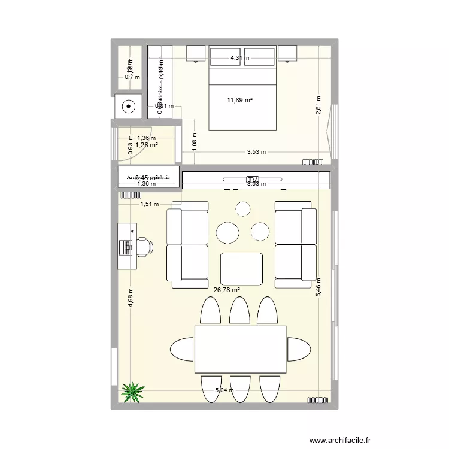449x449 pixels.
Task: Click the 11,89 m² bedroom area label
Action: point(239,100)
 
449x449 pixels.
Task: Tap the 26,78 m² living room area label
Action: point(226,290)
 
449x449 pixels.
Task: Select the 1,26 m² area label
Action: point(146,144)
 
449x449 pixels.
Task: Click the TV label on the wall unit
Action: point(252,180)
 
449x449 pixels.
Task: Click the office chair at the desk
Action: point(144,246)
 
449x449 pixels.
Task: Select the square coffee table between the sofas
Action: point(241,269)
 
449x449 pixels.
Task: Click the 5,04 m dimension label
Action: point(225,390)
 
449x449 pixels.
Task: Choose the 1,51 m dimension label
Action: point(150,204)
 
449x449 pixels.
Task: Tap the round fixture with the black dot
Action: point(129,107)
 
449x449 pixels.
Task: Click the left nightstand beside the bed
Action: point(196,54)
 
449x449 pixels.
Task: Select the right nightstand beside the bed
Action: point(289,54)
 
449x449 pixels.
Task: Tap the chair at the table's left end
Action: point(183,348)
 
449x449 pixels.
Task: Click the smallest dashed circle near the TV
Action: point(242,209)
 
